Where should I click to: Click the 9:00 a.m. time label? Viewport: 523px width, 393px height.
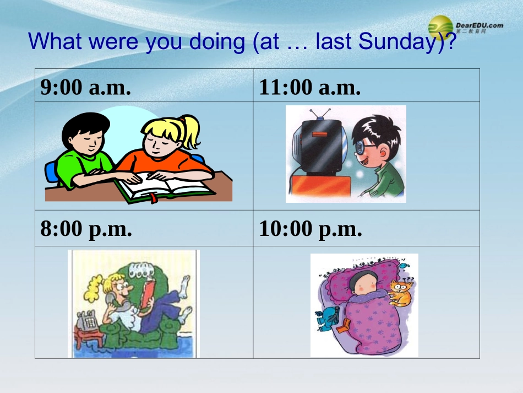point(85,87)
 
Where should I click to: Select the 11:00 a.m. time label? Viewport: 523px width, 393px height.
point(310,87)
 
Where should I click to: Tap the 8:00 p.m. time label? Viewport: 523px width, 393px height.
point(86,229)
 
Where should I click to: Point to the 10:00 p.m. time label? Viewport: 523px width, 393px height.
point(310,229)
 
